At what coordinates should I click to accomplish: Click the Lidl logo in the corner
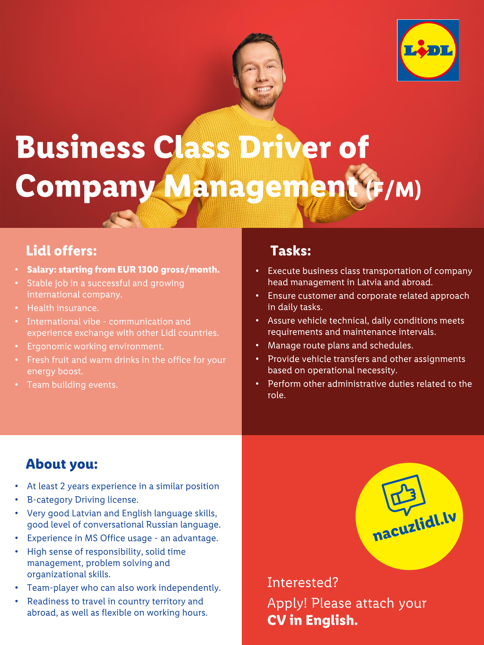428,50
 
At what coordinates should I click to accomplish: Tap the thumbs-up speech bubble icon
404,494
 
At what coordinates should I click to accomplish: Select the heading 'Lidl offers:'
62,251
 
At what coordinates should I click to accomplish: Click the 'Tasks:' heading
291,251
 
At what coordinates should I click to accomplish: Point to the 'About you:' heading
62,464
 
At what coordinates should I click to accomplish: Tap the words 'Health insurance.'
63,308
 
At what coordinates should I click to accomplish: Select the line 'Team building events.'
72,385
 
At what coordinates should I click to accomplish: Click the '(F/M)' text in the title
394,190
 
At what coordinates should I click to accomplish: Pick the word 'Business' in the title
80,147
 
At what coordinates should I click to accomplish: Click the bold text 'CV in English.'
312,620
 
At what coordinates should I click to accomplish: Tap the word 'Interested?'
303,582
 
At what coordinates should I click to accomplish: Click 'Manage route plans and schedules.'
340,345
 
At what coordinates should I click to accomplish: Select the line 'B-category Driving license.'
83,500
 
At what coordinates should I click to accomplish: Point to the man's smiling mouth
263,89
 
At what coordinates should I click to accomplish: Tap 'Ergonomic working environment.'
96,347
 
